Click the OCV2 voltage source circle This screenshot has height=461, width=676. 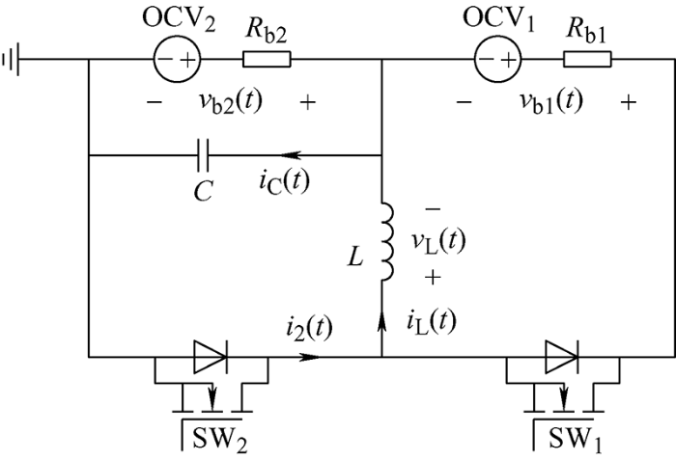pos(174,61)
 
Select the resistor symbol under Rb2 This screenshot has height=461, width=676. pos(268,61)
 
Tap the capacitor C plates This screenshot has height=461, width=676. pos(204,153)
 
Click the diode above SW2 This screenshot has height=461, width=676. pos(209,357)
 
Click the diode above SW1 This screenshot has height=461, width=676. pos(561,357)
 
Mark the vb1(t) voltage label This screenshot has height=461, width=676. pos(549,102)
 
